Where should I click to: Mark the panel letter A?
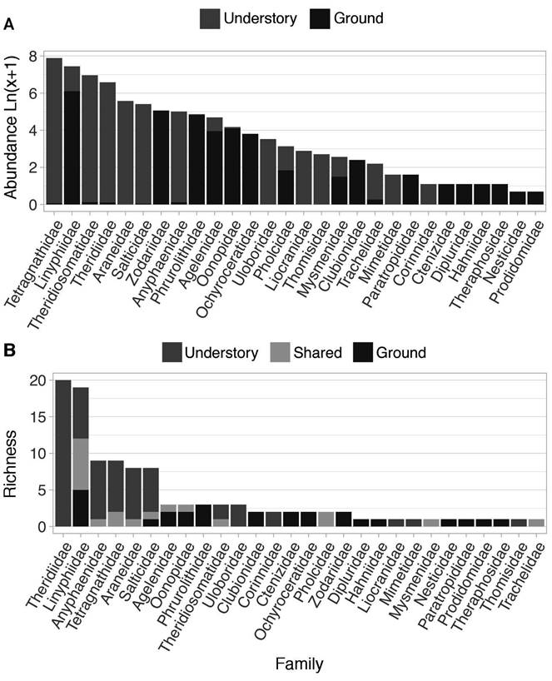8,27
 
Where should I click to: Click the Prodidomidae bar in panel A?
535,198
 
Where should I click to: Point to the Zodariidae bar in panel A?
161,157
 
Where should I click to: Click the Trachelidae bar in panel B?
536,523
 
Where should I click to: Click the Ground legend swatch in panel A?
317,18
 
